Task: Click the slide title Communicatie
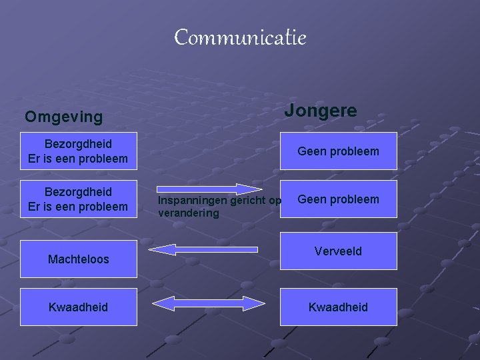click(240, 38)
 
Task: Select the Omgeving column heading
click(64, 117)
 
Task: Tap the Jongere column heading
click(321, 111)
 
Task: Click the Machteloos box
click(78, 259)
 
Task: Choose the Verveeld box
click(338, 251)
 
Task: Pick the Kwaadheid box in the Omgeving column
click(78, 307)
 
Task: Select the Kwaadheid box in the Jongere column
click(338, 307)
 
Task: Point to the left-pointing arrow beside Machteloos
click(203, 249)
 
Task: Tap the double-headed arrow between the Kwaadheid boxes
click(209, 304)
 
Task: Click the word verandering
click(188, 213)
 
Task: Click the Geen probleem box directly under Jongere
click(338, 151)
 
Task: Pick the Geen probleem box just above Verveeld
click(338, 199)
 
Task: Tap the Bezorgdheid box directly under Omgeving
click(78, 151)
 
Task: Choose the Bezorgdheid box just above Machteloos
click(78, 199)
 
